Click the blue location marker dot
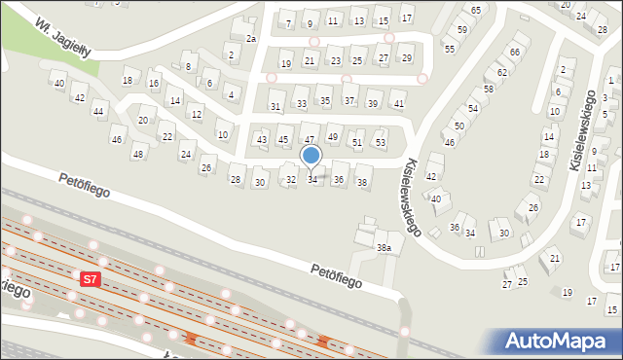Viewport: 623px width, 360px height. (311, 155)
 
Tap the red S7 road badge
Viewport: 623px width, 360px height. (89, 279)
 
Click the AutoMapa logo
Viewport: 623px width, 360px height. (557, 341)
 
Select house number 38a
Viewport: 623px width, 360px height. (385, 248)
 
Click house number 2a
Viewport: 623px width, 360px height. (250, 38)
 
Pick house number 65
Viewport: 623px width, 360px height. (475, 10)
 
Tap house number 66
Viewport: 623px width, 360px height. (515, 52)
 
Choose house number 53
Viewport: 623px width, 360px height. (381, 143)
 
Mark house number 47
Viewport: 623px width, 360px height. (310, 140)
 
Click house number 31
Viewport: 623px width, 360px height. (275, 106)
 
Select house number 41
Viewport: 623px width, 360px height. (398, 103)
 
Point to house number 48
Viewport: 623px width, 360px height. (138, 154)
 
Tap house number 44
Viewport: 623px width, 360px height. (98, 112)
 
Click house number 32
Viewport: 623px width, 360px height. (290, 180)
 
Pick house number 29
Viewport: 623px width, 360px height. (407, 58)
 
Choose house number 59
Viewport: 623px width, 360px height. (462, 30)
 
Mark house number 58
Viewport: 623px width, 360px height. (489, 89)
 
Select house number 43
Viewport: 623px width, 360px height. (261, 140)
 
